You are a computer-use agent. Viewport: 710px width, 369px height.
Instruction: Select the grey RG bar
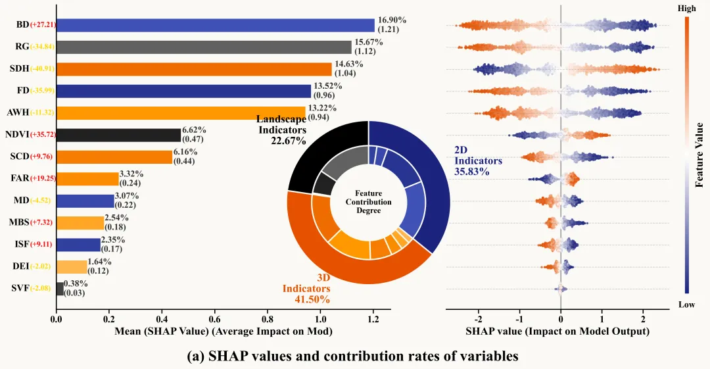[204, 47]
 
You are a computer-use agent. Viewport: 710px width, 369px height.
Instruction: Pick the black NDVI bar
[118, 135]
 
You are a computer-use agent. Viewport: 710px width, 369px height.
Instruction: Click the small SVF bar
[60, 288]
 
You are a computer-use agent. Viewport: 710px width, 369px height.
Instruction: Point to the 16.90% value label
[390, 20]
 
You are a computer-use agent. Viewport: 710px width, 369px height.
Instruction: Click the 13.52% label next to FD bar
[326, 86]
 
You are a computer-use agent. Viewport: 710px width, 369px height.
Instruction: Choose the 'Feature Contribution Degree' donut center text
[368, 201]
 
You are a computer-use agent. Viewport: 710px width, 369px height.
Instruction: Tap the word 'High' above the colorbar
[686, 9]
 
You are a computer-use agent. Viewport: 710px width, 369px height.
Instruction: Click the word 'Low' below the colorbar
[686, 304]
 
